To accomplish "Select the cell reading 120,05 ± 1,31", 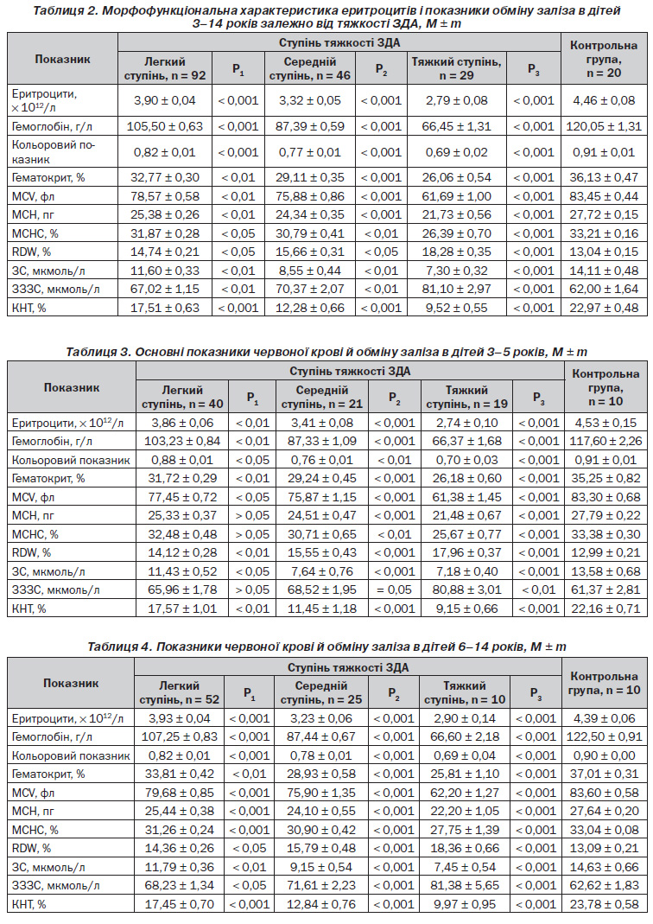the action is [604, 126].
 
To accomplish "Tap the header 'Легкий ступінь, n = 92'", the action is [165, 68].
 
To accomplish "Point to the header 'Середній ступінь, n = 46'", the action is [310, 68].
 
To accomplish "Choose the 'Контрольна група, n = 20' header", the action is [604, 59].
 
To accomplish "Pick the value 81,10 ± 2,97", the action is [457, 289].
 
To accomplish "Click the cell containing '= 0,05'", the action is [395, 589].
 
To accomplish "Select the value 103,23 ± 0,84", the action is [182, 441].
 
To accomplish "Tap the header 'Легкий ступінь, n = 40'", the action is [182, 398].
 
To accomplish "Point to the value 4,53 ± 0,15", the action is [605, 423].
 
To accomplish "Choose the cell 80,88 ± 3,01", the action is [467, 589].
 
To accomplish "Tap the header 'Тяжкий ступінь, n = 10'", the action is [465, 693].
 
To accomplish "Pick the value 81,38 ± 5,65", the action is [465, 885].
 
